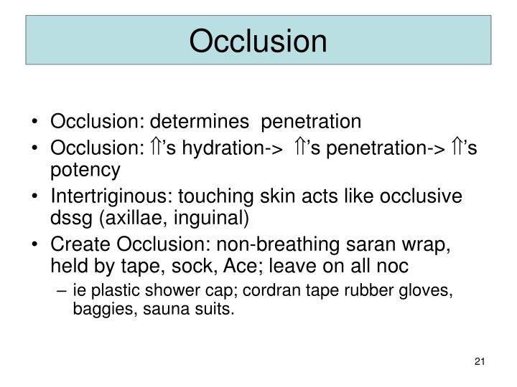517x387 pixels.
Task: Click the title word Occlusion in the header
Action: click(x=258, y=40)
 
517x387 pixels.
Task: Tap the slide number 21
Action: click(x=480, y=359)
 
